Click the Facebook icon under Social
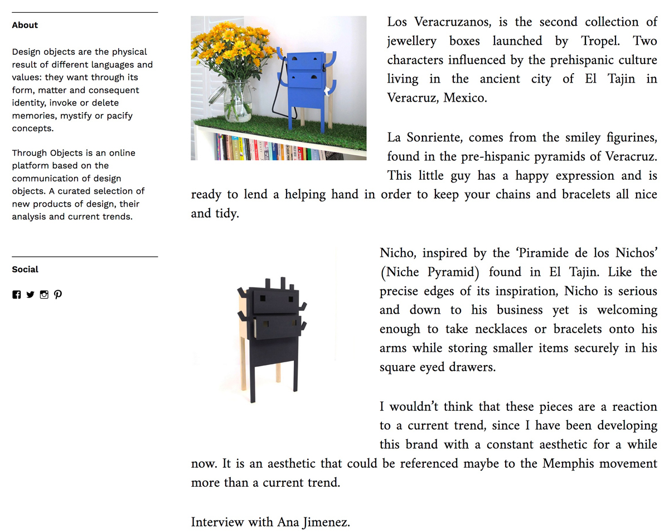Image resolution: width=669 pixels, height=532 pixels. point(16,295)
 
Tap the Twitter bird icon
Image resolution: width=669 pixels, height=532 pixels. point(30,295)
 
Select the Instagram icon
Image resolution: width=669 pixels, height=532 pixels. point(44,295)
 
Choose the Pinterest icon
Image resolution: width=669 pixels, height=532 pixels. point(58,295)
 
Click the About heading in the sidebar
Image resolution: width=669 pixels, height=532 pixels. point(25,25)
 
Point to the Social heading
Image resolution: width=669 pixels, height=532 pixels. point(25,270)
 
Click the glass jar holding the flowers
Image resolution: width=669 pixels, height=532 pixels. point(237,100)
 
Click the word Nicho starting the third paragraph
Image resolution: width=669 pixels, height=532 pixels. point(397,253)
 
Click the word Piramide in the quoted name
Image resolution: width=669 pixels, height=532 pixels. point(547,253)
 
